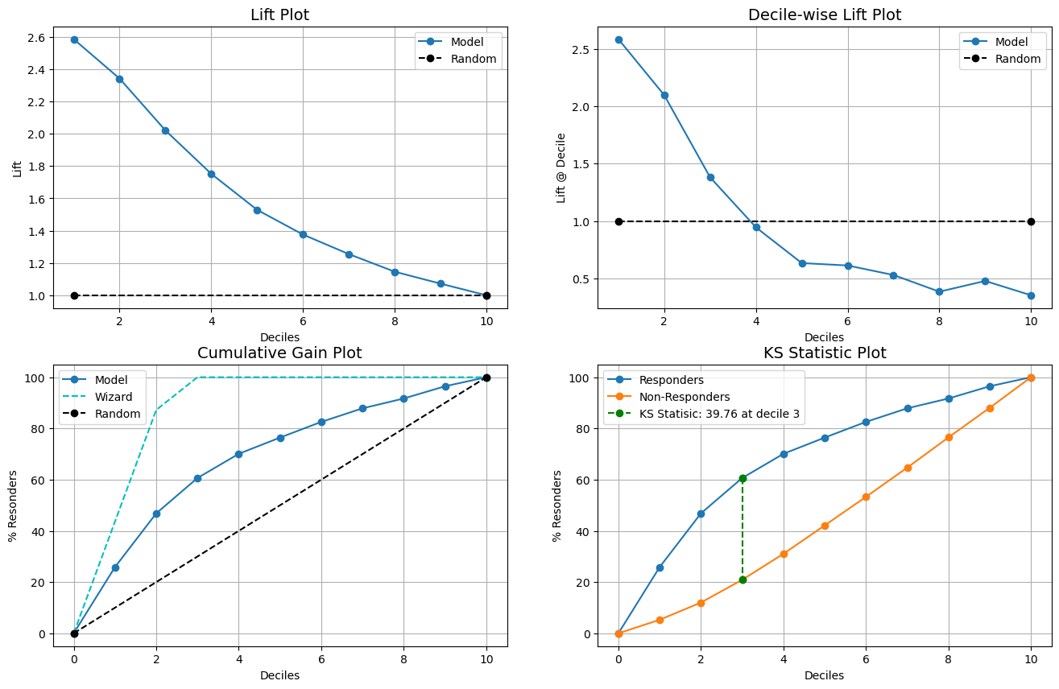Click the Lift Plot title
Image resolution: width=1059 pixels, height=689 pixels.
click(x=279, y=14)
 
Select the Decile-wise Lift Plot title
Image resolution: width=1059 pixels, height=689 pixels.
click(x=825, y=14)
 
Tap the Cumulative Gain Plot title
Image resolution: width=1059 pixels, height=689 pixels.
click(x=279, y=353)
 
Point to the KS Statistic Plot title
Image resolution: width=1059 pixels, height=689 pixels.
click(x=825, y=353)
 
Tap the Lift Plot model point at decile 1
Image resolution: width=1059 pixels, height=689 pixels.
click(x=74, y=39)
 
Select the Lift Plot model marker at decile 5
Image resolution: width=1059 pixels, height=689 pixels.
click(x=257, y=210)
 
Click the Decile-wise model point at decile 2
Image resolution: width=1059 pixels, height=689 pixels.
click(x=664, y=95)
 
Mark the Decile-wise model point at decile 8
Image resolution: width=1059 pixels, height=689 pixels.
click(x=939, y=291)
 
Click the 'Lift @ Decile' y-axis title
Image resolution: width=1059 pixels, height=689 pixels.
click(x=561, y=167)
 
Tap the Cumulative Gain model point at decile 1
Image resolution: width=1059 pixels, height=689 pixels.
click(x=115, y=567)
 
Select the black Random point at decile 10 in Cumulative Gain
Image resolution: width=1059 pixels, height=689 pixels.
click(x=486, y=378)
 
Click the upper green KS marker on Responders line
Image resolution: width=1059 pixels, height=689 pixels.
click(x=743, y=478)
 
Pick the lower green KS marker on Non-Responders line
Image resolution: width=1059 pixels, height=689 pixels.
click(x=743, y=580)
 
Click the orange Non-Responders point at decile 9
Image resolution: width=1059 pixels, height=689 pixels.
click(x=990, y=408)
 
